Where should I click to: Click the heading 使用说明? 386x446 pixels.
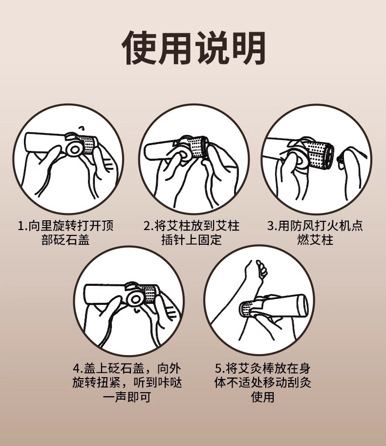coord(193,48)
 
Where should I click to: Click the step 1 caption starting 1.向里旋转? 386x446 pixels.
coord(65,233)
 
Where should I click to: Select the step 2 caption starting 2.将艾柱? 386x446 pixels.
coord(192,233)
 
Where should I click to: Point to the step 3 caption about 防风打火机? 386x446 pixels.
coord(315,233)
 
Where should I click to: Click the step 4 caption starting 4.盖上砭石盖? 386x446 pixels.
coord(127,382)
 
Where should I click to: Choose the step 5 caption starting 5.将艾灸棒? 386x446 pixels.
coord(262,382)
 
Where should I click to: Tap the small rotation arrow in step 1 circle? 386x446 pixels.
coord(82,127)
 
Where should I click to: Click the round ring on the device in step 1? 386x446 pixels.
coord(75,148)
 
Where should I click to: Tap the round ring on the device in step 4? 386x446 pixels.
coord(135,298)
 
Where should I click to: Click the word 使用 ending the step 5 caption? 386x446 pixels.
coord(262,397)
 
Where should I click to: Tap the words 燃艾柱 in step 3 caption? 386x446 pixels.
coord(315,240)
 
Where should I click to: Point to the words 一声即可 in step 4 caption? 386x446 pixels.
coord(127,397)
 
